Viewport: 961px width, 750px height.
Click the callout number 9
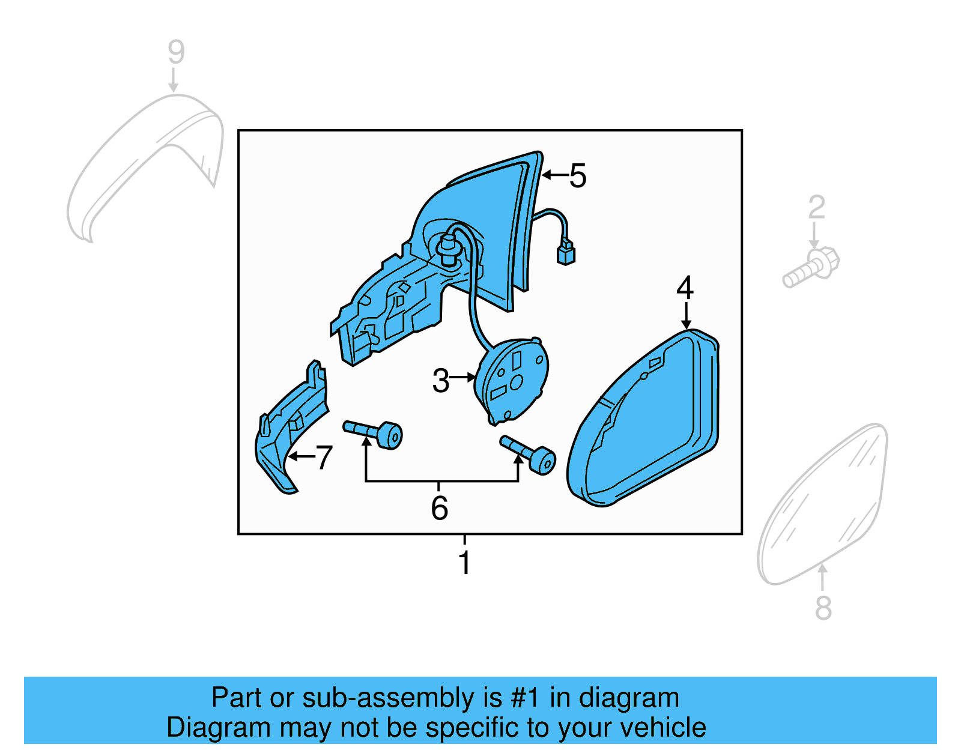click(175, 52)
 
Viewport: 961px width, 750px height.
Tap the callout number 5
click(577, 176)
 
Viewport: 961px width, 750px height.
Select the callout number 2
click(816, 207)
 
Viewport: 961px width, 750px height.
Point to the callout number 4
click(685, 288)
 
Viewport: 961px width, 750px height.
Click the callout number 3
click(440, 381)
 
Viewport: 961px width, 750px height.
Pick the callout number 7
click(324, 458)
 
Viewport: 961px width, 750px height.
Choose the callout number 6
click(439, 508)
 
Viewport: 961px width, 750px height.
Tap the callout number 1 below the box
click(464, 563)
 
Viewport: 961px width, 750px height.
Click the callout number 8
click(823, 608)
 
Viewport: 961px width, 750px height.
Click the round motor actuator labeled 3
click(512, 381)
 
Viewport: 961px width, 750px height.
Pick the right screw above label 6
click(529, 454)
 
